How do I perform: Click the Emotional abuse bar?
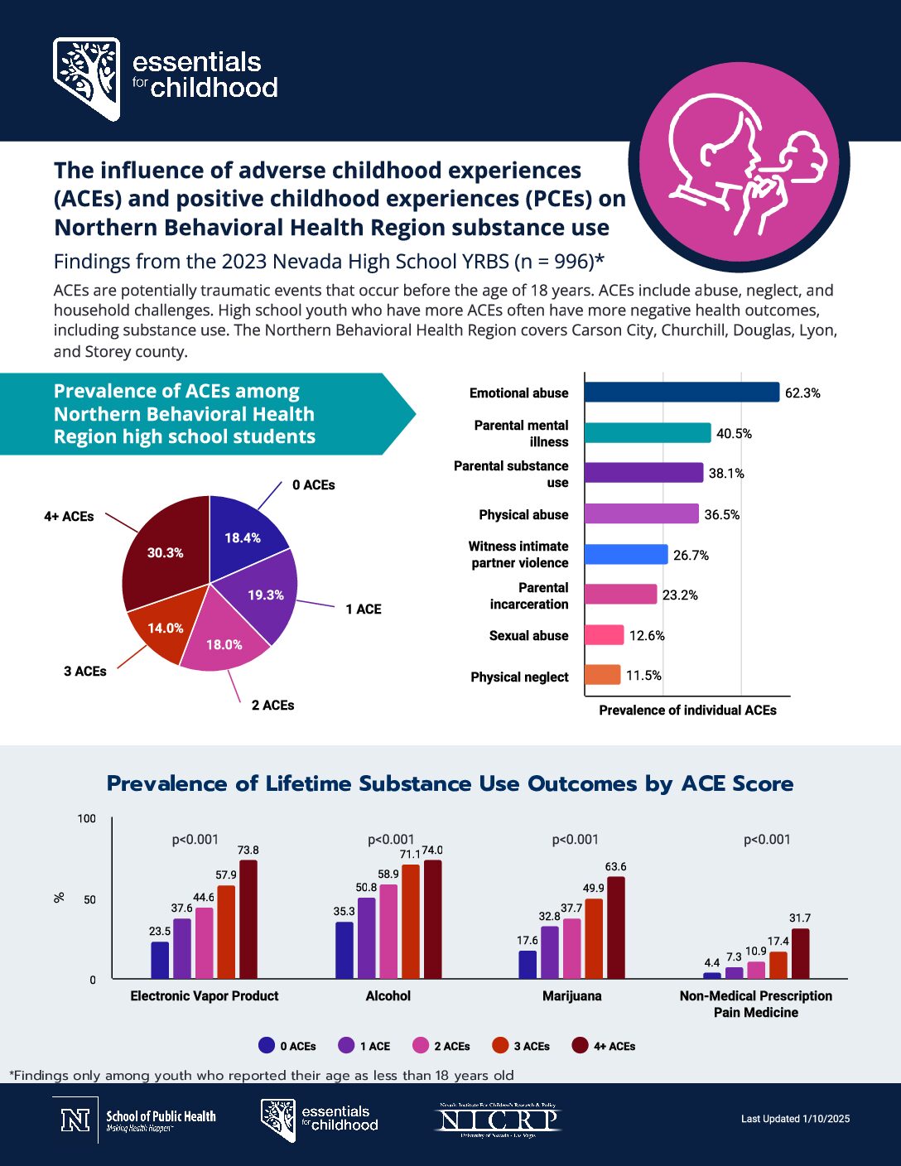[682, 392]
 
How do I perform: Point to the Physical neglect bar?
[602, 675]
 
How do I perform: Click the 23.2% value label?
[680, 595]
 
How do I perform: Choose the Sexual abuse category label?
[528, 635]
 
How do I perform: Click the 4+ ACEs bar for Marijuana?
[615, 927]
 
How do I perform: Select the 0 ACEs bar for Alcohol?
[344, 950]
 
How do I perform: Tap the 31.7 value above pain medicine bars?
[800, 918]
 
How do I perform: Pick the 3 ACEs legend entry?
[521, 1046]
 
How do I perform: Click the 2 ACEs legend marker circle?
[421, 1045]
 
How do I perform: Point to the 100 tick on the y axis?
[87, 818]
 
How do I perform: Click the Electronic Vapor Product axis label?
[205, 995]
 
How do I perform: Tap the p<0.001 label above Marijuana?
[575, 839]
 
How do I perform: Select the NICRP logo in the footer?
[498, 1120]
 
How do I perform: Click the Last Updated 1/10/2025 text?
[795, 1119]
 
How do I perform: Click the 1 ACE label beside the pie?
[364, 609]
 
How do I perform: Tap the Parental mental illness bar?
[647, 432]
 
